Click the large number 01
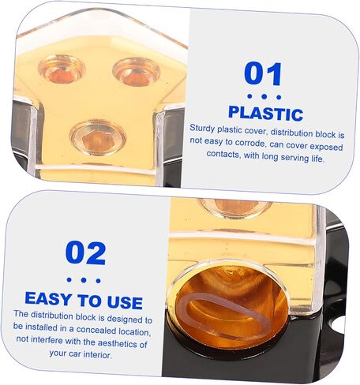click(263, 73)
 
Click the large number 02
click(85, 253)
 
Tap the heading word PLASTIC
click(266, 114)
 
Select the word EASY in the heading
click(48, 298)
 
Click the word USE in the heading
click(125, 302)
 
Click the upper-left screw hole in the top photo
click(62, 69)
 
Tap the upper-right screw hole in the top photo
click(137, 72)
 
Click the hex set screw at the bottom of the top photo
click(97, 137)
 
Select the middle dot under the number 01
click(264, 97)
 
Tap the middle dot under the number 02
click(84, 280)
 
